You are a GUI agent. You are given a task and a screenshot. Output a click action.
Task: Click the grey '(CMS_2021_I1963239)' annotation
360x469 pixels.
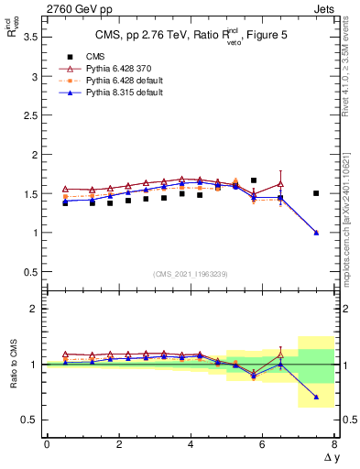click(190, 274)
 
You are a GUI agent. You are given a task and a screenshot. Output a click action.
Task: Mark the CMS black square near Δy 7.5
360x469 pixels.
click(316, 193)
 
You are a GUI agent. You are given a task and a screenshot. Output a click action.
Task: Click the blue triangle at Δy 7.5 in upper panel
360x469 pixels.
click(316, 233)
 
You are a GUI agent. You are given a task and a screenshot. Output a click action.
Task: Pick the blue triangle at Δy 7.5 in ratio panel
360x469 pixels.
click(316, 397)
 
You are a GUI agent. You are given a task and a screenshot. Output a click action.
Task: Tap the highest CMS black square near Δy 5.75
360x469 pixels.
click(254, 180)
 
